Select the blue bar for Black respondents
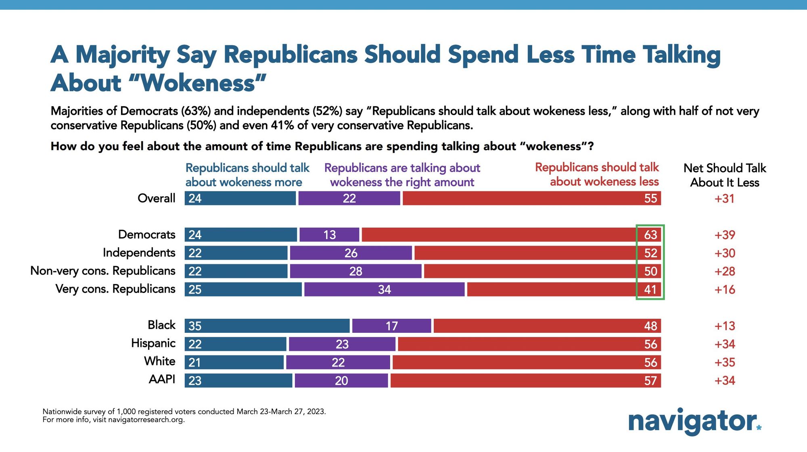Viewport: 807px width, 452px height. click(267, 326)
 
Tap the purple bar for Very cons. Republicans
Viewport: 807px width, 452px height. click(384, 290)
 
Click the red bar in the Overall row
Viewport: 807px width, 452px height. click(531, 198)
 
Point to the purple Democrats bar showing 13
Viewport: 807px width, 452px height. click(329, 235)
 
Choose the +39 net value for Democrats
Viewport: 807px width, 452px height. click(725, 235)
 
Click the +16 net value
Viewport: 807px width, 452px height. click(725, 290)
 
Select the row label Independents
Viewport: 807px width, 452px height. click(139, 253)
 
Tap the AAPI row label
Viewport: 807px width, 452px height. click(162, 380)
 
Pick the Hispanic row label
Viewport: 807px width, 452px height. click(153, 343)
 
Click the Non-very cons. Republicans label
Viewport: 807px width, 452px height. click(102, 271)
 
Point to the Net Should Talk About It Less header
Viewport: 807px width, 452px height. click(725, 175)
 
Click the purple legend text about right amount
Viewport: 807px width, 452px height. click(402, 175)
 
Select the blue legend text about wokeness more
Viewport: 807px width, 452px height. click(247, 175)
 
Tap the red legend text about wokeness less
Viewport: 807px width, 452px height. click(597, 174)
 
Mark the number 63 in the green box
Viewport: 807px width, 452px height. click(650, 235)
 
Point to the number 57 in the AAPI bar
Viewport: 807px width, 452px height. click(650, 381)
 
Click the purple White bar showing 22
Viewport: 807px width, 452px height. click(338, 362)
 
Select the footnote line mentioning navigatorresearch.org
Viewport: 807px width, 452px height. click(113, 420)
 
